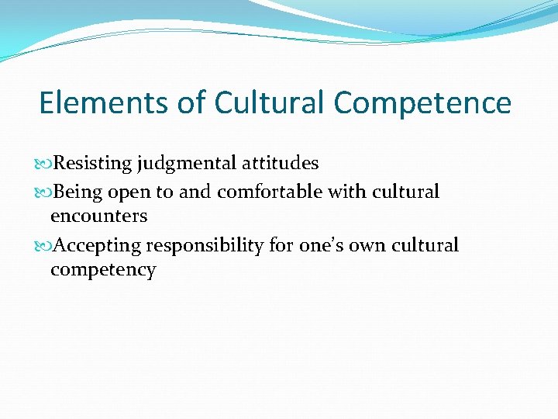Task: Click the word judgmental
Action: [x=188, y=164]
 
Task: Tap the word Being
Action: [x=79, y=192]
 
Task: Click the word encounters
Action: [x=98, y=216]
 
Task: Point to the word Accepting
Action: [x=98, y=246]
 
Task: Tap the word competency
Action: [x=102, y=270]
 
